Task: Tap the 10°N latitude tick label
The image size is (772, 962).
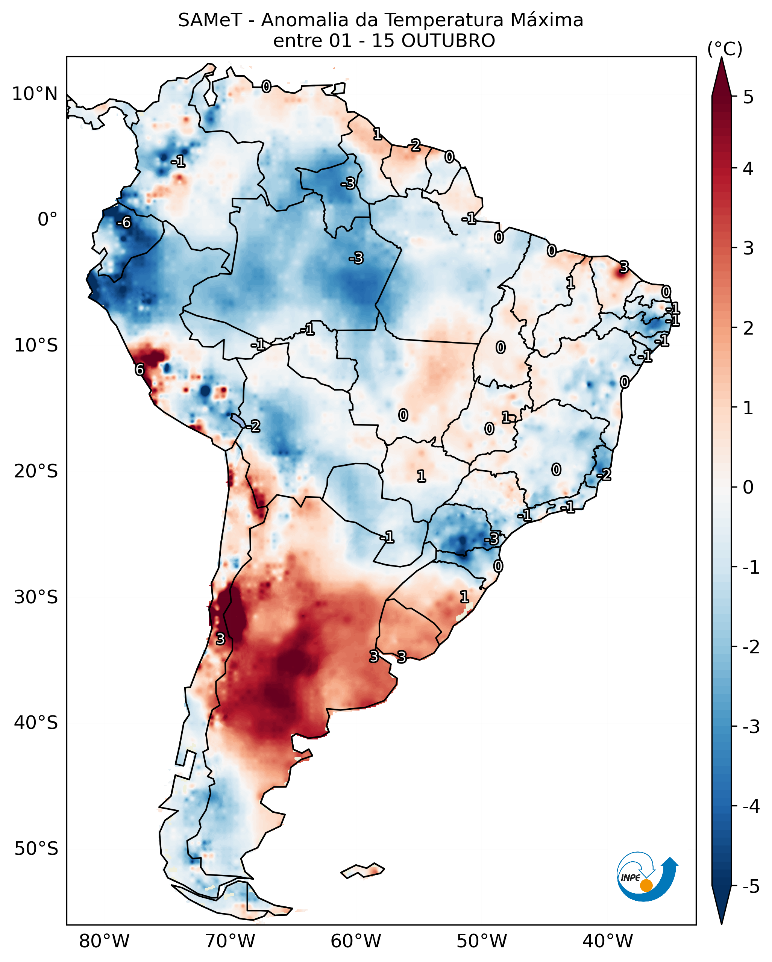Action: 35,94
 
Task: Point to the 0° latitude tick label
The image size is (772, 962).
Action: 47,220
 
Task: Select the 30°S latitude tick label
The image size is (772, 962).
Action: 36,597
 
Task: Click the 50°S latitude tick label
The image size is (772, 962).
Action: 36,849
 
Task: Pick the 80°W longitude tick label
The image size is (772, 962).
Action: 104,941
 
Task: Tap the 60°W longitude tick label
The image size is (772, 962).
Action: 356,941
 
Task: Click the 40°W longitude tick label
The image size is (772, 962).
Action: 607,941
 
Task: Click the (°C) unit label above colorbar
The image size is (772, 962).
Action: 725,49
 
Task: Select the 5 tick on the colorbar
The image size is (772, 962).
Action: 748,97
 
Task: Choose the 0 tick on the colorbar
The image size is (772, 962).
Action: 748,487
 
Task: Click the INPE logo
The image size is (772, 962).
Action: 647,877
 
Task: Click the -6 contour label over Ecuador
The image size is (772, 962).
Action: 124,222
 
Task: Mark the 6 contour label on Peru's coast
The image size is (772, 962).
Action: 140,370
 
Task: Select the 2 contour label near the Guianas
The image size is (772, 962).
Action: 416,145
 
